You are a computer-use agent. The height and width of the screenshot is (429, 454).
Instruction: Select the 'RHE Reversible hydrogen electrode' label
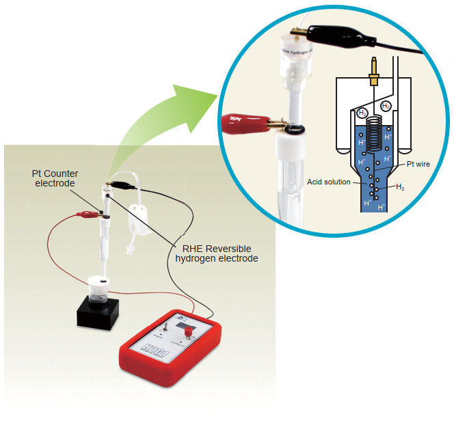click(x=217, y=253)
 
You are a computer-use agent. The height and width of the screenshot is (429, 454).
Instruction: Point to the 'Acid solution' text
click(x=329, y=182)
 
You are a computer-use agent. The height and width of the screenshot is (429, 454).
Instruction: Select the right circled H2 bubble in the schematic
click(x=386, y=106)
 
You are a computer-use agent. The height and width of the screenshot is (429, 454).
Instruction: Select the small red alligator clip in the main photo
click(x=88, y=214)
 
